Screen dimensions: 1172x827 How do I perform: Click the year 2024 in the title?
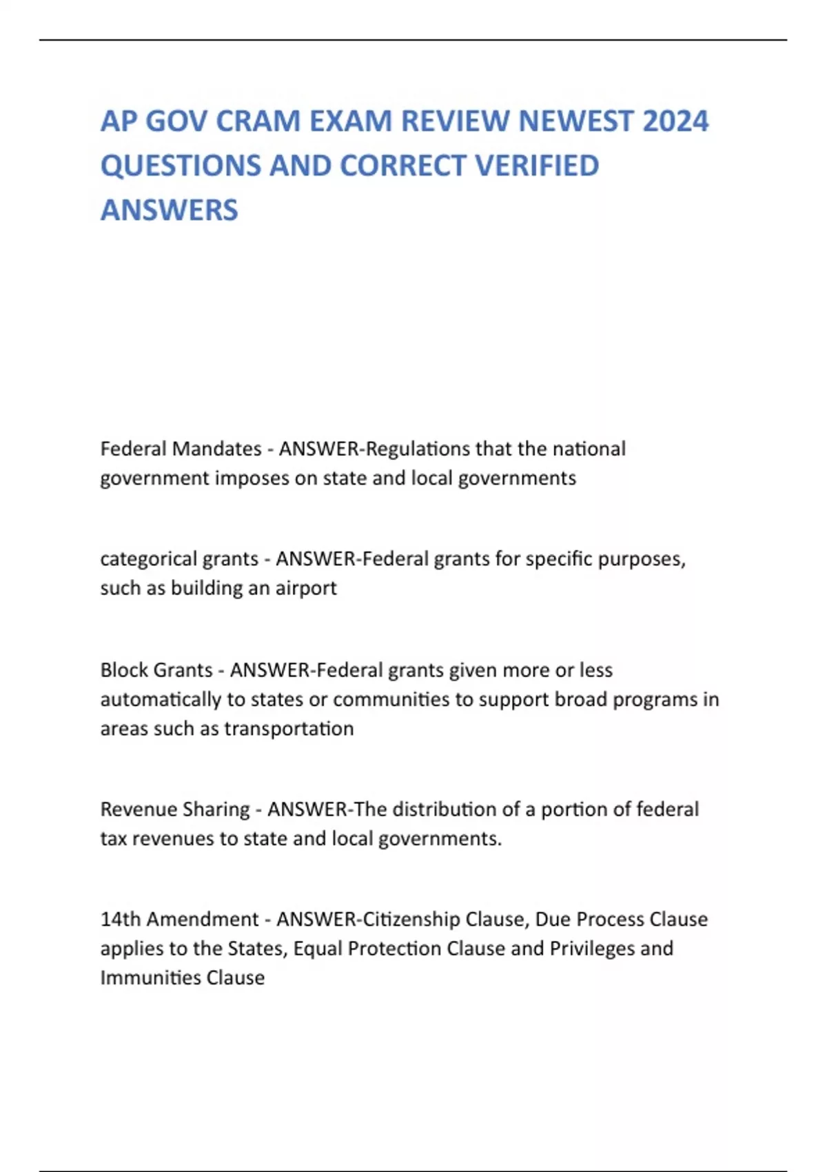675,121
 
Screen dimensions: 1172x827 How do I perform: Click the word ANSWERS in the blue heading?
169,210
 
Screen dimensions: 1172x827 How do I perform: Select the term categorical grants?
178,558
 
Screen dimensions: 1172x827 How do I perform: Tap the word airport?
306,588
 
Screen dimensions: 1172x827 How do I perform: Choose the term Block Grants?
156,670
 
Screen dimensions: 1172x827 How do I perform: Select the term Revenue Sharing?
175,809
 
